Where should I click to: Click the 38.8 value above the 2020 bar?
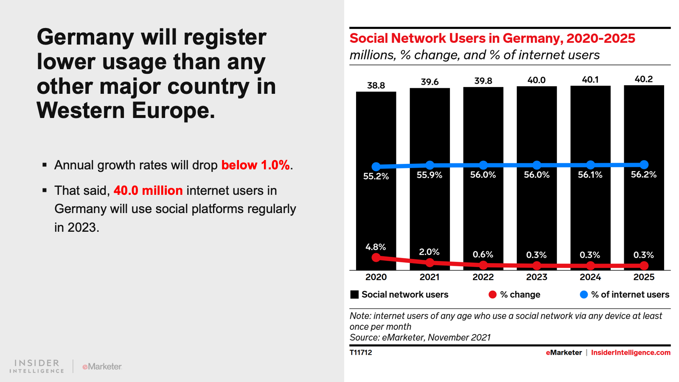(376, 85)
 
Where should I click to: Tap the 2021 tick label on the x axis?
(429, 277)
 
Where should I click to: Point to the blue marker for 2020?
(376, 167)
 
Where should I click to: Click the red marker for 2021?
(429, 263)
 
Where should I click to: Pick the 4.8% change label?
(376, 247)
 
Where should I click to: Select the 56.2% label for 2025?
(643, 174)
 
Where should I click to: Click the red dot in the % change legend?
(492, 295)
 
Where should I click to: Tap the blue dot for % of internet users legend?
(584, 295)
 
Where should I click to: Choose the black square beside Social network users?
(354, 295)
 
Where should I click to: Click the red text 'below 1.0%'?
(255, 165)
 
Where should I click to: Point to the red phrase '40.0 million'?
(148, 191)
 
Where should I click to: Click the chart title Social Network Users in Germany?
(492, 38)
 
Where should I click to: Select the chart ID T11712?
(361, 352)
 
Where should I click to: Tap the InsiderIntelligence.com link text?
(631, 352)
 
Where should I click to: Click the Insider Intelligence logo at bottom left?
(37, 366)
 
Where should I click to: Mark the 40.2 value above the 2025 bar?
(643, 79)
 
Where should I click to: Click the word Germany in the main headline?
(85, 37)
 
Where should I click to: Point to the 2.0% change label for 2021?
(429, 252)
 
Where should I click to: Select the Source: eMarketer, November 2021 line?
(420, 337)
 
